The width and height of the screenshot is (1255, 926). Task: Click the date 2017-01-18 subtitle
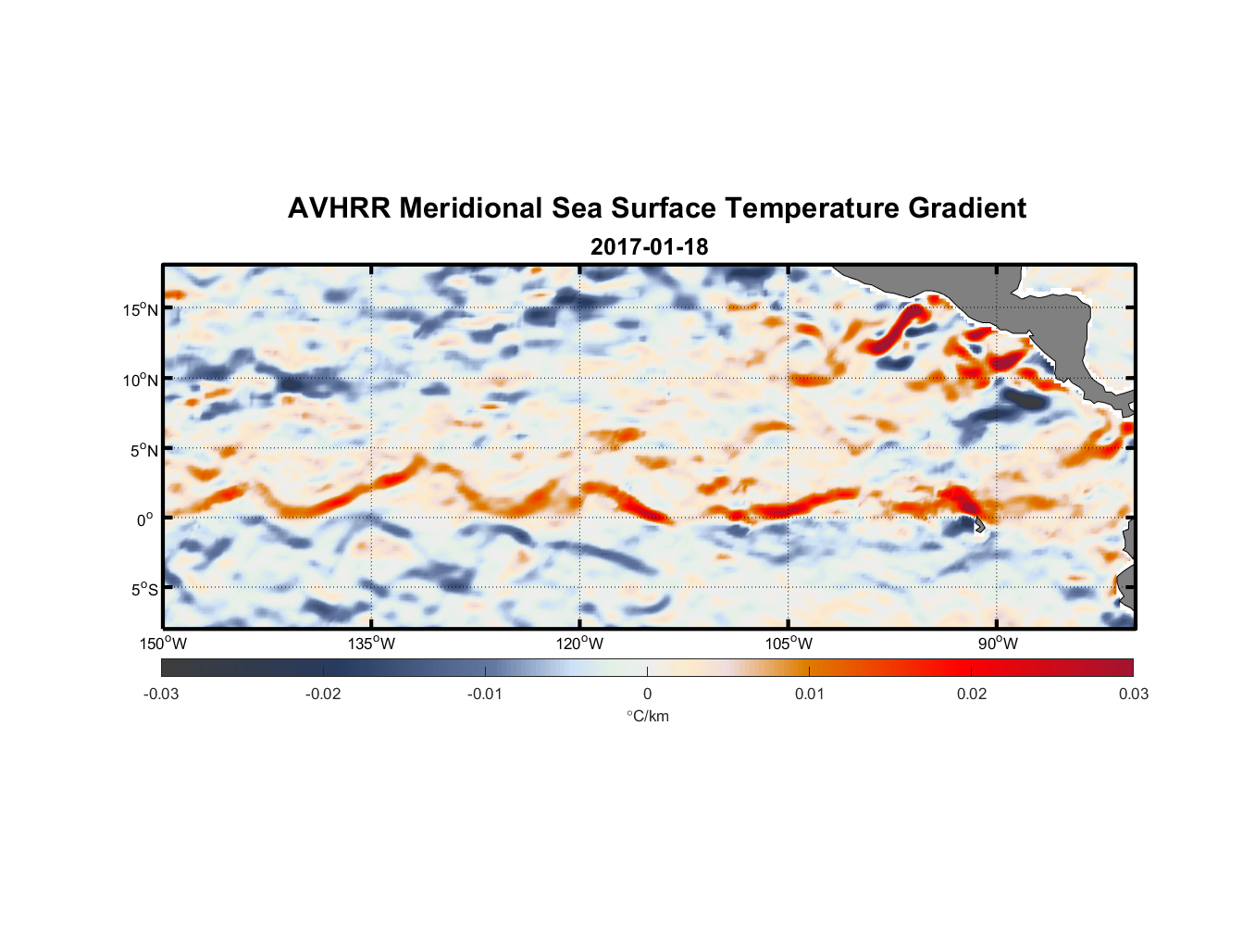(649, 247)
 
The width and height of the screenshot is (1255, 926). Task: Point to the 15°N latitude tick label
(140, 309)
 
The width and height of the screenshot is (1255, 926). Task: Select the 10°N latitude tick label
(140, 380)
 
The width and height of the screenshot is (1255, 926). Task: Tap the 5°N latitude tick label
(143, 450)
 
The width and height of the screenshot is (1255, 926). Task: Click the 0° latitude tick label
(145, 519)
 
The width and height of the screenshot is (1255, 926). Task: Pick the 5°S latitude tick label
(143, 590)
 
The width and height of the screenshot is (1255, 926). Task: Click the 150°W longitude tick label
(163, 644)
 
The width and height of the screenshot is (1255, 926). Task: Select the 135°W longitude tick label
(371, 644)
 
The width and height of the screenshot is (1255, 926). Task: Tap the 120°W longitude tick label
(579, 644)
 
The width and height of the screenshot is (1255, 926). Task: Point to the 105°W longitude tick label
(789, 644)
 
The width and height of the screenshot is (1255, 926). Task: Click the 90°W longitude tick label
(998, 644)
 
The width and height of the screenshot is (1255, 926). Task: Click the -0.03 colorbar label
(161, 694)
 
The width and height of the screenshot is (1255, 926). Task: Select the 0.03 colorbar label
(1133, 694)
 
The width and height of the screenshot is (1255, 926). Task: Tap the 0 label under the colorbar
(647, 694)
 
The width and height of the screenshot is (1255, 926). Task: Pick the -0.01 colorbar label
(484, 694)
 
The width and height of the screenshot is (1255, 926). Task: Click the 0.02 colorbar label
(971, 694)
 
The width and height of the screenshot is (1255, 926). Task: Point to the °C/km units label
(648, 716)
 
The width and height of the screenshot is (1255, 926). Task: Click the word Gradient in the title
(967, 208)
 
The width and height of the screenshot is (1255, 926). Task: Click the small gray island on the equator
(978, 524)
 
